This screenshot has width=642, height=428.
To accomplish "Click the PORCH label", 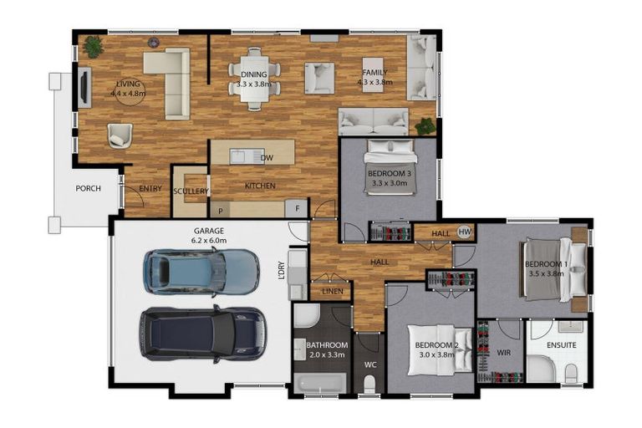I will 88,188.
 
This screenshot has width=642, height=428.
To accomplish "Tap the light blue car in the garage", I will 201,272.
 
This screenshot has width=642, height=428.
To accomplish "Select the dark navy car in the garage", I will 202,333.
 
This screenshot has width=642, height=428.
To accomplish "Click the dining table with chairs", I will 254,78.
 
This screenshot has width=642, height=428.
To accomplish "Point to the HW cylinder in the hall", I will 465,232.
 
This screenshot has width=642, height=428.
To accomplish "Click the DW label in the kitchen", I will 267,157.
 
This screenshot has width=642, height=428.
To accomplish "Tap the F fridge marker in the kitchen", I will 296,207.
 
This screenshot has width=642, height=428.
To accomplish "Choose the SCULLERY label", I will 191,191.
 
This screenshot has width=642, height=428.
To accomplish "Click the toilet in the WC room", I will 369,383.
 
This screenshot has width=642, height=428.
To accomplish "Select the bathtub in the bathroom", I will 321,384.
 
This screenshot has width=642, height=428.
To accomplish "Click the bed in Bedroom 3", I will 390,166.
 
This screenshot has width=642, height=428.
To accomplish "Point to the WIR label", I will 502,352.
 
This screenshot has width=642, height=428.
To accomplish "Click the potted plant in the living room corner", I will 93,48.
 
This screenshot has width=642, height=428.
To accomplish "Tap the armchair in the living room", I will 120,135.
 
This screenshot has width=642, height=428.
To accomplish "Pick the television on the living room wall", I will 84,87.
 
